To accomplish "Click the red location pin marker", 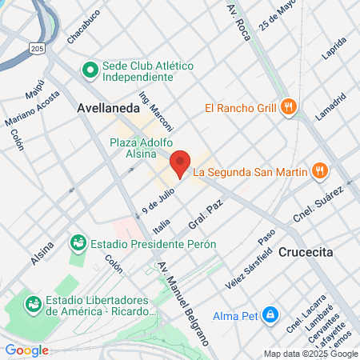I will click(x=181, y=162).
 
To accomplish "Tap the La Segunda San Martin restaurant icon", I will click(x=319, y=170).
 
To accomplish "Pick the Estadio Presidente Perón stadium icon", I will click(x=78, y=241).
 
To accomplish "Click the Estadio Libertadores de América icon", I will click(x=34, y=304).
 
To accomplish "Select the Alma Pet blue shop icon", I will click(x=271, y=314).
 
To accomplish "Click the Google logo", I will click(x=26, y=350).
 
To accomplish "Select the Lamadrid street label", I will click(x=330, y=106).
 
